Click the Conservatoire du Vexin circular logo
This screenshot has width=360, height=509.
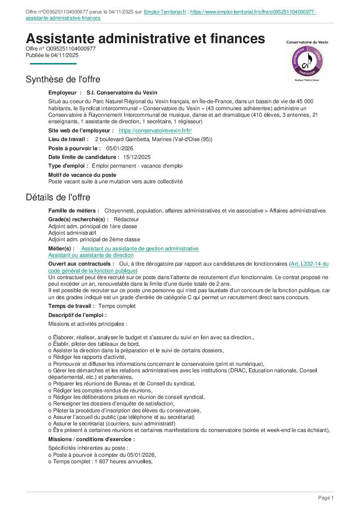click(307, 61)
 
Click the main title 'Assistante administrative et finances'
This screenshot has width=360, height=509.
click(145, 39)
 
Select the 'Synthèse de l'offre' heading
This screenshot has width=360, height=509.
click(63, 79)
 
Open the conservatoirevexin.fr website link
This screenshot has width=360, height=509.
click(155, 131)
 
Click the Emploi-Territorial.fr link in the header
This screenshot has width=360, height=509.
click(165, 12)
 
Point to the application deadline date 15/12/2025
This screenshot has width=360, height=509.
click(137, 157)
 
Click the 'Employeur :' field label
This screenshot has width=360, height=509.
click(65, 93)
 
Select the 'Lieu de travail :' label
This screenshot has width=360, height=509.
click(68, 139)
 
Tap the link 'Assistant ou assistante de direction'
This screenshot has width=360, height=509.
click(91, 256)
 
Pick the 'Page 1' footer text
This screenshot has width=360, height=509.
click(326, 498)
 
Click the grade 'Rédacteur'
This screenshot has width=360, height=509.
click(126, 219)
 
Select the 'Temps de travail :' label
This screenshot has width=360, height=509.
click(71, 306)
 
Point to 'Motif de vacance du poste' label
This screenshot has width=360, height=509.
click(82, 175)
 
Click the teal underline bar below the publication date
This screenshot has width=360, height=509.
click(53, 64)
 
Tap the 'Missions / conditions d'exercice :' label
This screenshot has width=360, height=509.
click(91, 439)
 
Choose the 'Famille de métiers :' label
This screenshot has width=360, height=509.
click(74, 211)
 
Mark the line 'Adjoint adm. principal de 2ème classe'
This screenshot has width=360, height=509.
click(94, 239)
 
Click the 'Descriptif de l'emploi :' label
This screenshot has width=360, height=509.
click(77, 315)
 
